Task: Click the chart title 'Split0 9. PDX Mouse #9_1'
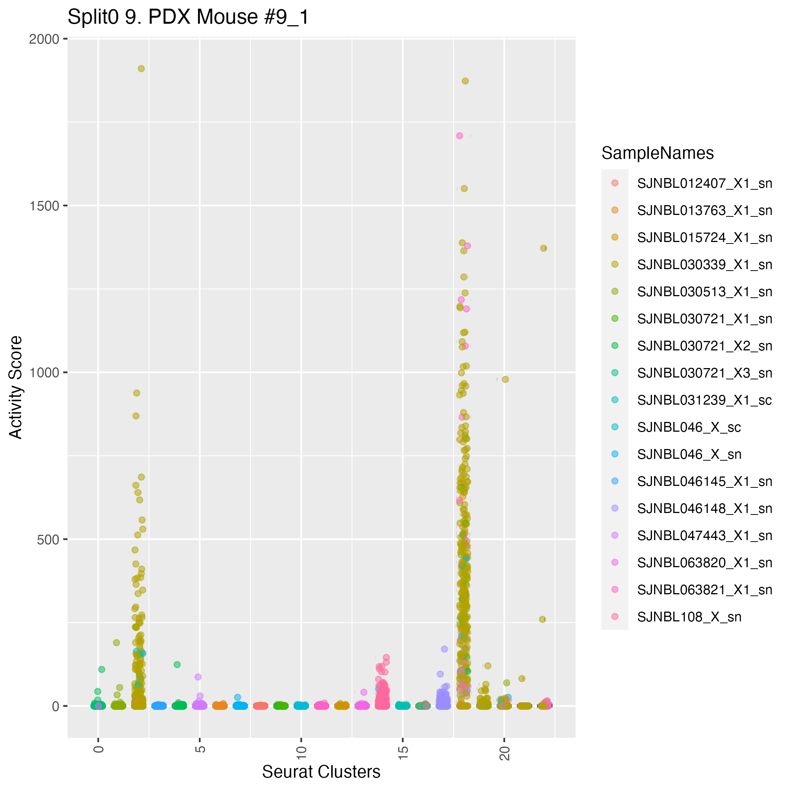[x=188, y=18]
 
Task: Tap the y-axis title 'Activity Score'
[x=16, y=387]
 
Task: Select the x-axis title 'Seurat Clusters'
[x=321, y=772]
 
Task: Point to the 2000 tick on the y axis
[x=44, y=39]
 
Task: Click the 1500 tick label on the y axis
[x=44, y=205]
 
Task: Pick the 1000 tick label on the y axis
[x=44, y=373]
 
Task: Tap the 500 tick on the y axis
[x=48, y=539]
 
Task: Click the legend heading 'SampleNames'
[x=658, y=153]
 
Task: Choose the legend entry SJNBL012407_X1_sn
[x=705, y=184]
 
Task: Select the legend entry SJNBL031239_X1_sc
[x=705, y=400]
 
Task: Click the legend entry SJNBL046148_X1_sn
[x=705, y=508]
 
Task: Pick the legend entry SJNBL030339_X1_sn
[x=705, y=265]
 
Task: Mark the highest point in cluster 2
[x=141, y=69]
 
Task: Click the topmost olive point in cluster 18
[x=465, y=81]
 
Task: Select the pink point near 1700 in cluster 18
[x=460, y=136]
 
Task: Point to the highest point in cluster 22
[x=543, y=248]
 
